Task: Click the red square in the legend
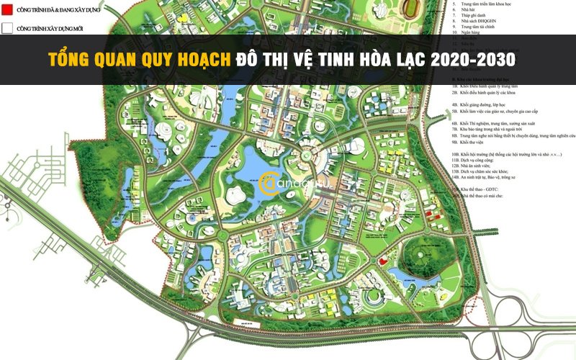click(7, 11)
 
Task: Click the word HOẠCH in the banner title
click(197, 60)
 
